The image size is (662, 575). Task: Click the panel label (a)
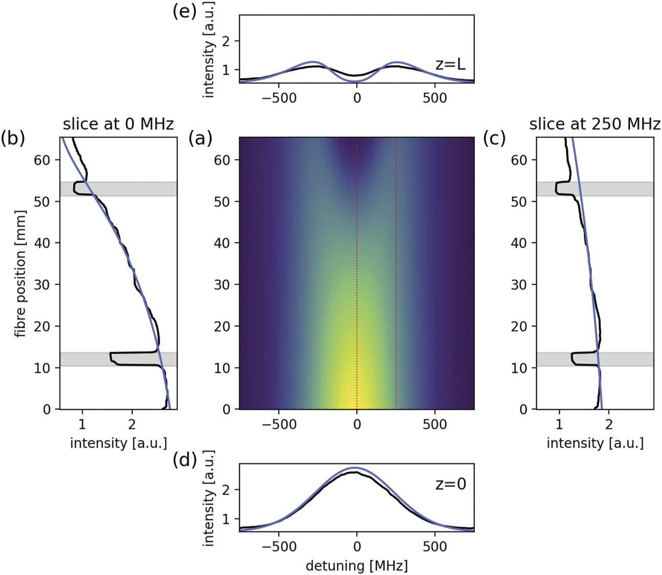click(x=200, y=139)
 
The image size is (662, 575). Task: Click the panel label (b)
click(x=13, y=139)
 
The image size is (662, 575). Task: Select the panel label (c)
click(x=494, y=139)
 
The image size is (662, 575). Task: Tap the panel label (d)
click(x=185, y=460)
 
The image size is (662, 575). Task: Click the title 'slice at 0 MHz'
click(x=118, y=124)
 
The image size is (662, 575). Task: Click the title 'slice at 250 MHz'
click(x=595, y=124)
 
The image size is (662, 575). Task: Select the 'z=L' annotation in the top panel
click(x=450, y=65)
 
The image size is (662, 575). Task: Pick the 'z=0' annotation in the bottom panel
click(x=450, y=484)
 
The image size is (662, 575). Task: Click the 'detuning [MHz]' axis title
click(x=356, y=565)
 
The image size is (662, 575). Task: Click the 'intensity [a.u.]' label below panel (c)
click(x=595, y=443)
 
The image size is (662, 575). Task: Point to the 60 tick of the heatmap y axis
click(x=222, y=160)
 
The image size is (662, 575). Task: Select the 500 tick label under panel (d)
click(x=435, y=546)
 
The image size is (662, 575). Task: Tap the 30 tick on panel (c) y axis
click(x=519, y=284)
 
